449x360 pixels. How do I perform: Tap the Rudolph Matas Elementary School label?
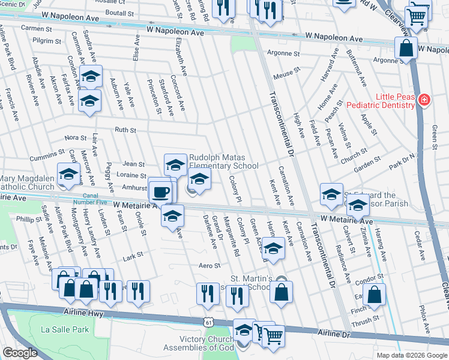(x=224, y=162)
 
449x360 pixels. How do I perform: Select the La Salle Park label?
(x=65, y=329)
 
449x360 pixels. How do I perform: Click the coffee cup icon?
(x=160, y=192)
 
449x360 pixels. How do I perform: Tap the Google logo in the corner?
(x=20, y=353)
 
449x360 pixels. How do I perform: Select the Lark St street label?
(x=131, y=258)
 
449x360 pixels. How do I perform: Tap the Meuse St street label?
(x=286, y=73)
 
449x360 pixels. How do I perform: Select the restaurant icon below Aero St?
(x=208, y=293)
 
